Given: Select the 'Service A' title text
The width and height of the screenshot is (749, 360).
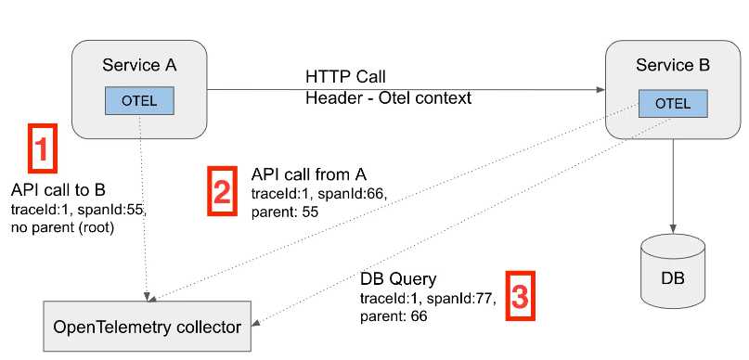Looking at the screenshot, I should coord(139,65).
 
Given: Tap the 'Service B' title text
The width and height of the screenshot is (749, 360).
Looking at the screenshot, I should coord(673,65).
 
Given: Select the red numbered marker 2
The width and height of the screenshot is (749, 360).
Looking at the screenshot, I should coord(221,192).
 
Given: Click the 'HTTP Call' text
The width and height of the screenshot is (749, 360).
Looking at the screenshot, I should coord(345,75).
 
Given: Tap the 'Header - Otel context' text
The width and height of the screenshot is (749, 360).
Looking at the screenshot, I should coord(388,97).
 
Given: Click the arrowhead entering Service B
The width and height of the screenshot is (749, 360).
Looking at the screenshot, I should coord(599,90).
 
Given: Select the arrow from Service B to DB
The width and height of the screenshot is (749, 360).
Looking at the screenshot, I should coord(673,186).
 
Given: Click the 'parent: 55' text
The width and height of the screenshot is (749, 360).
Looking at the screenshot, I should coord(286,212).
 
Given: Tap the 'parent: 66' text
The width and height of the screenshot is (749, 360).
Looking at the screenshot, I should coord(394,316).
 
